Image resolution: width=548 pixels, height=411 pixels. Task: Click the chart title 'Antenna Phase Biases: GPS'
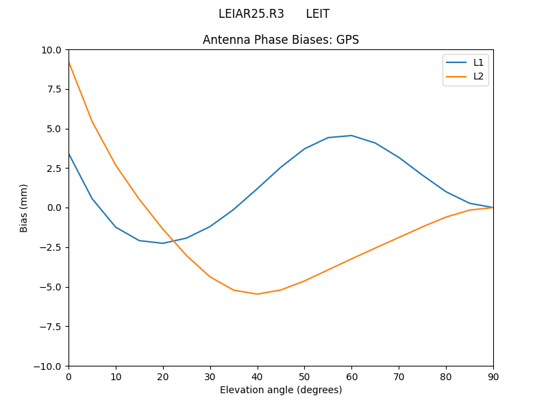[x=281, y=40]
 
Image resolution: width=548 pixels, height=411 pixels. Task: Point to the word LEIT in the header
[x=318, y=14]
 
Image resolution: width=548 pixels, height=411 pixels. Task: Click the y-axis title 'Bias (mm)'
[x=24, y=208]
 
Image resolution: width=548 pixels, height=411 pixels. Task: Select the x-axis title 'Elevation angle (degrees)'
[x=281, y=390]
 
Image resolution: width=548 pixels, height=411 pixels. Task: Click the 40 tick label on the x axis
[x=257, y=376]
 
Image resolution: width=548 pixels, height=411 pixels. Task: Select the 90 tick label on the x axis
[x=493, y=376]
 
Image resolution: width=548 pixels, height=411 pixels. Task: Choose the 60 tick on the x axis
[x=351, y=376]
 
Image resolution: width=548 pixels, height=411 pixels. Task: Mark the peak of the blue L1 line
[x=351, y=136]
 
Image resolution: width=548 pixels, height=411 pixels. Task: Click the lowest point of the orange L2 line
[x=257, y=294]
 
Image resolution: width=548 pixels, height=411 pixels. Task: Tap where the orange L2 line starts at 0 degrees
[x=68, y=62]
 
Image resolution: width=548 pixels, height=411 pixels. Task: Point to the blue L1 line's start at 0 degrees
[x=68, y=153]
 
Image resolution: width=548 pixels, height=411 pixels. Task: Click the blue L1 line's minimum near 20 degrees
[x=162, y=243]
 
